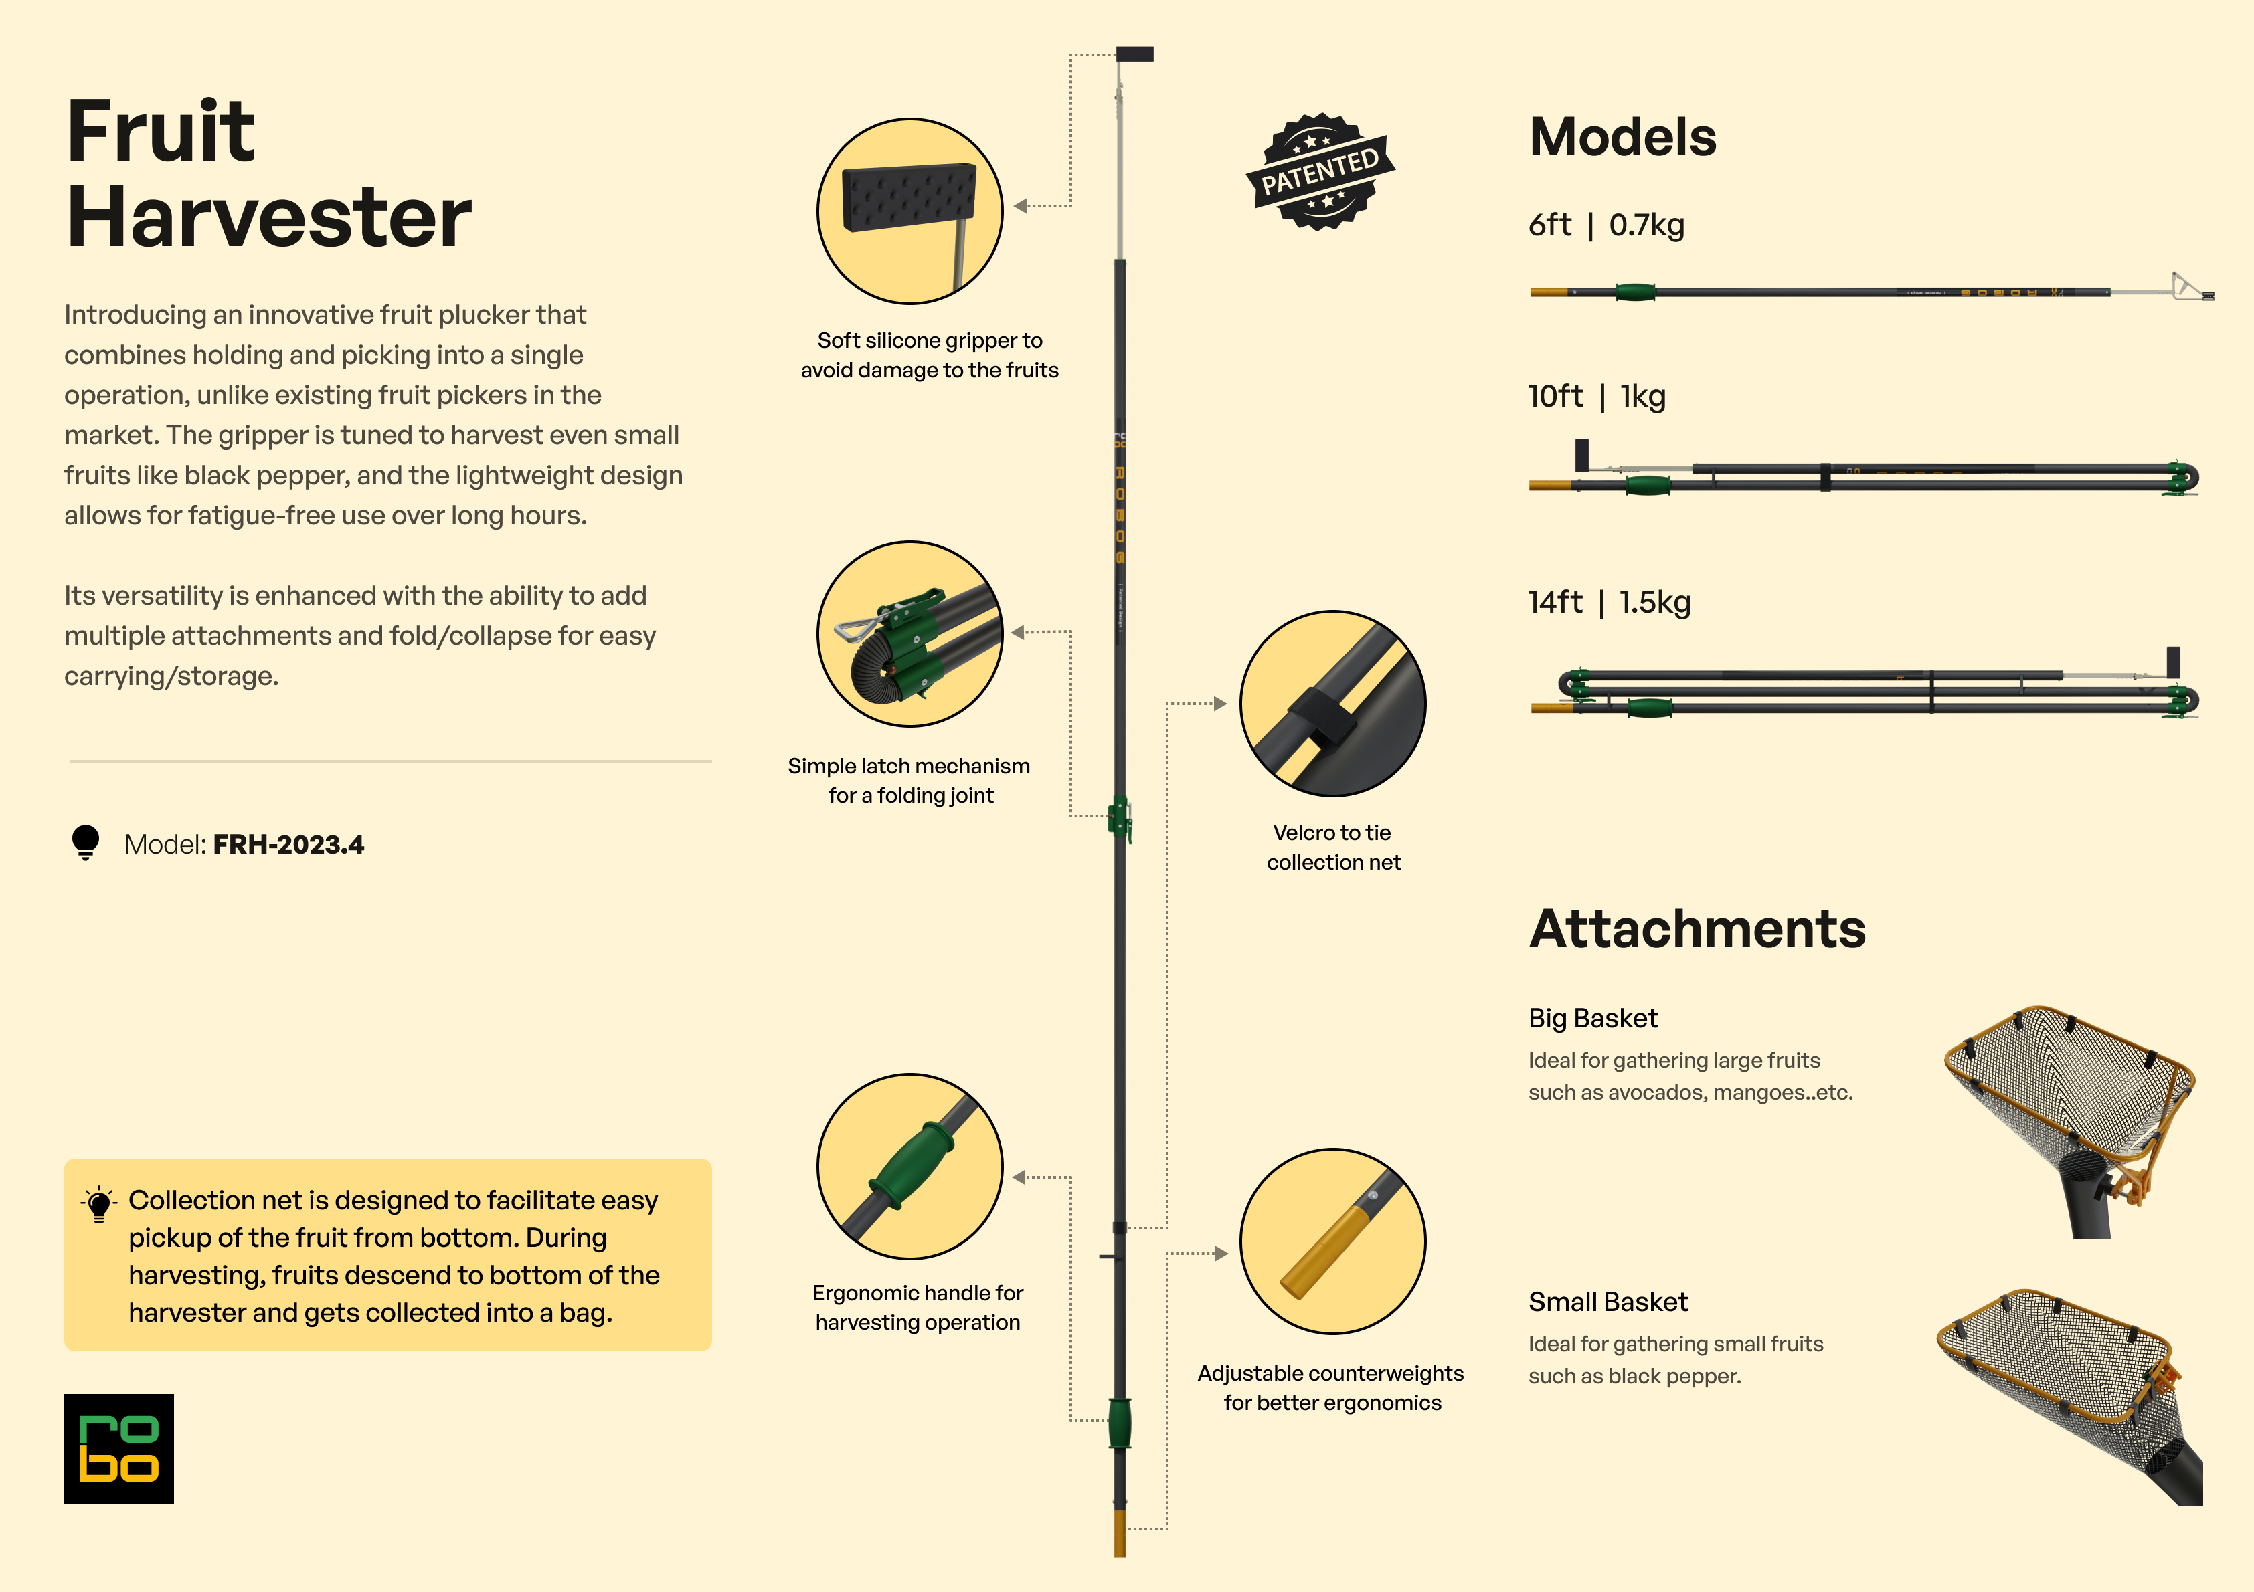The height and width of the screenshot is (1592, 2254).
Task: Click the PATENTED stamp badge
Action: (x=1320, y=173)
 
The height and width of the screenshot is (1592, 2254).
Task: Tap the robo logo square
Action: (x=118, y=1449)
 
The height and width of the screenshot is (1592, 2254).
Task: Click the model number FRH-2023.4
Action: (x=288, y=844)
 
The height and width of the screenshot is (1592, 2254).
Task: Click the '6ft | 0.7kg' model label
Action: (x=1606, y=225)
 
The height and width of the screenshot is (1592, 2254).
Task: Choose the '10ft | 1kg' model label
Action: (x=1596, y=397)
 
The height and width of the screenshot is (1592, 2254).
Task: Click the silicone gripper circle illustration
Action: (x=910, y=211)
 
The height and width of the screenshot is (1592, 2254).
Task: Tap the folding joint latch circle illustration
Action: (x=910, y=634)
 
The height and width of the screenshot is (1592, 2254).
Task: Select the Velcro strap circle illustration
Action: (x=1332, y=704)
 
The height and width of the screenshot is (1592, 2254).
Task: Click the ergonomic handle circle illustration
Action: (x=910, y=1166)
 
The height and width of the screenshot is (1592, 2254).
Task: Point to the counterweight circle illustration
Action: (x=1332, y=1241)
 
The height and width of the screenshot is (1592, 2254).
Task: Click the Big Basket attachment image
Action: (x=2071, y=1119)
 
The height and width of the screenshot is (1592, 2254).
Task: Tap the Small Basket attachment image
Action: (x=2071, y=1394)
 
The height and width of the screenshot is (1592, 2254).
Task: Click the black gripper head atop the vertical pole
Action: (x=1135, y=54)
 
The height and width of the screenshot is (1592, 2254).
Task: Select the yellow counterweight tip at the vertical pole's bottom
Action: (x=1120, y=1533)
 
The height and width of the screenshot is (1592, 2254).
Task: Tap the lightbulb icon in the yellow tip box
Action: (x=99, y=1204)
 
